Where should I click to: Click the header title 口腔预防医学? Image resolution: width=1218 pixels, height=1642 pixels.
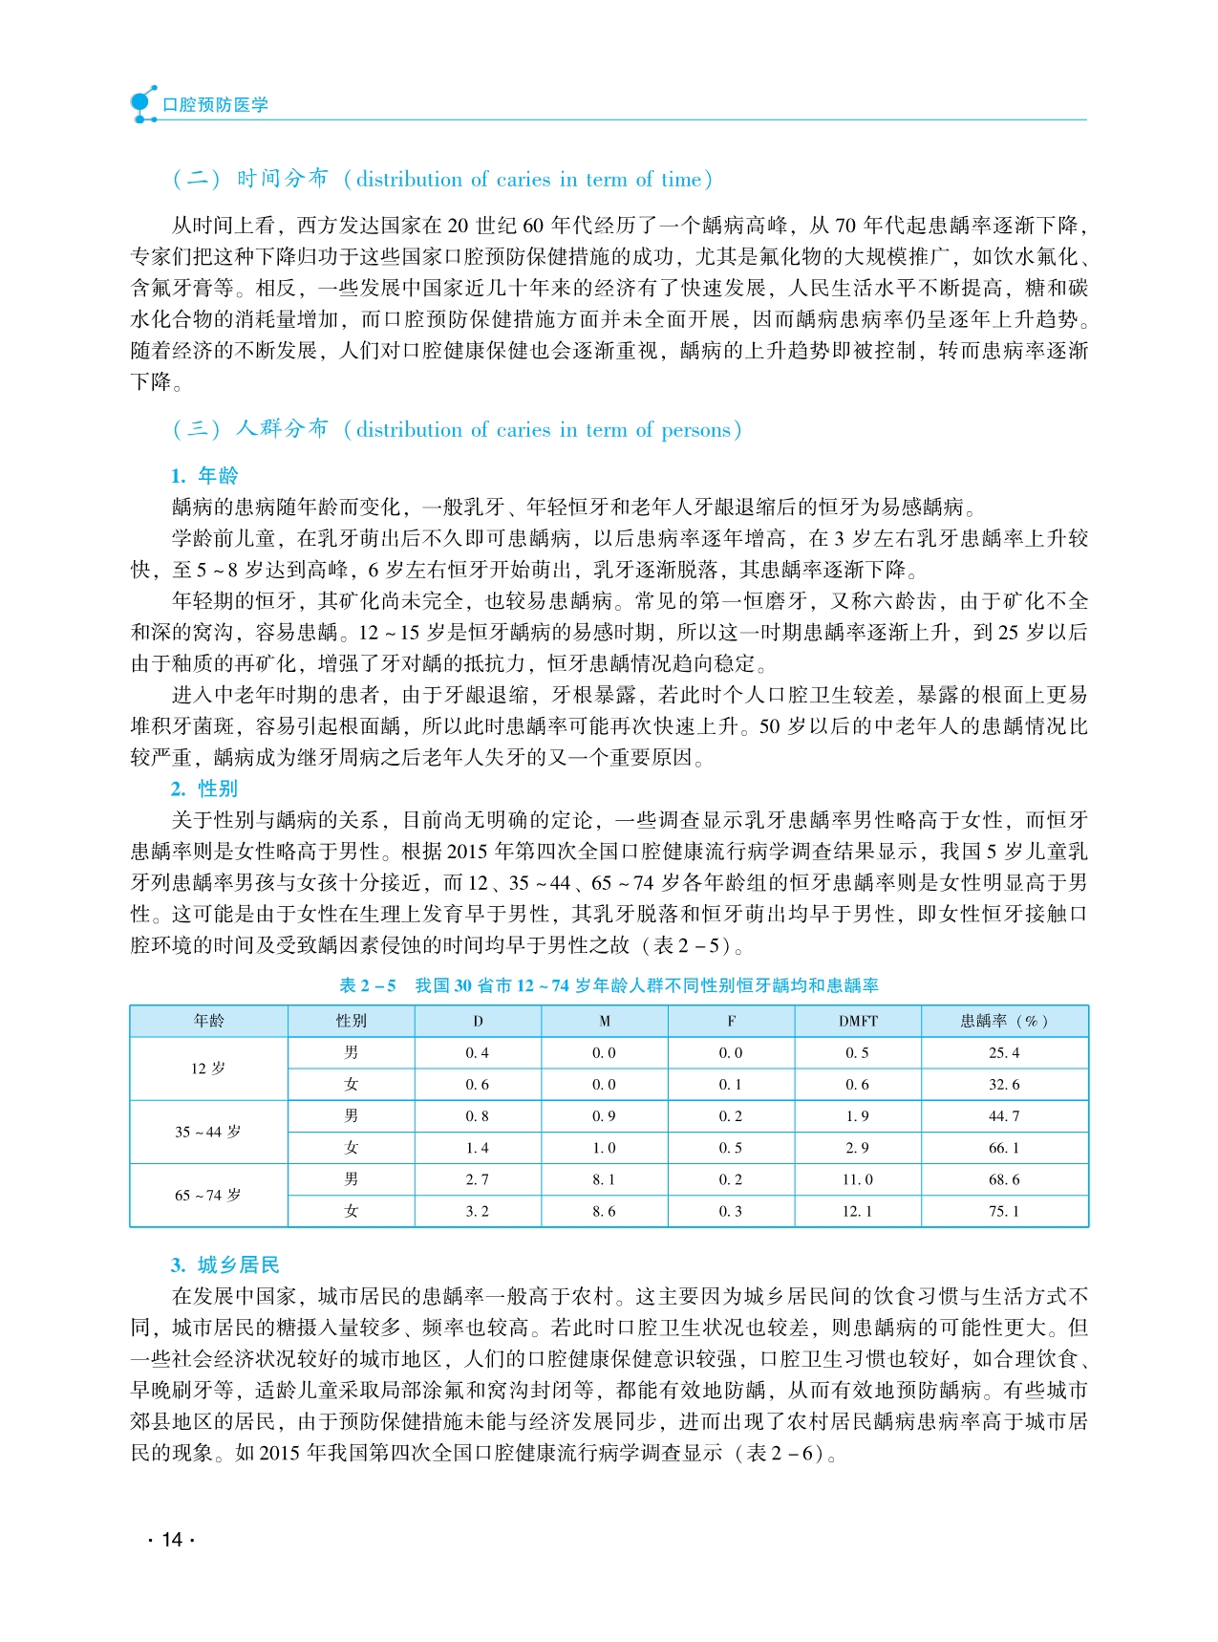[215, 104]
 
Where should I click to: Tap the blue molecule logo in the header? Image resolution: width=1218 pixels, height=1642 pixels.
[142, 104]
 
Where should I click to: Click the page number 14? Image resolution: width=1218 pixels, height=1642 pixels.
[172, 1539]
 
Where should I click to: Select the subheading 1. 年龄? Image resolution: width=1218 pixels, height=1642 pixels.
[204, 476]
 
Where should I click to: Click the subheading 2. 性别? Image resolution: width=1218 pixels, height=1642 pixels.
[204, 789]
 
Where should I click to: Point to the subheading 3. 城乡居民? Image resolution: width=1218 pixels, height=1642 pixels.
[225, 1265]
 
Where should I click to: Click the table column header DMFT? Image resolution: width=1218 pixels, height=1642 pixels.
[858, 1021]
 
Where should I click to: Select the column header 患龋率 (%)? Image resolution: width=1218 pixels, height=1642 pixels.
[1004, 1021]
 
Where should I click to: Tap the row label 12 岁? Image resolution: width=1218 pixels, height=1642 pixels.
[208, 1069]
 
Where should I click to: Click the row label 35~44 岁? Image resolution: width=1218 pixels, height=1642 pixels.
[208, 1132]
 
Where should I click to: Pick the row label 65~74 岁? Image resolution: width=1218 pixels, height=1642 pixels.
[208, 1195]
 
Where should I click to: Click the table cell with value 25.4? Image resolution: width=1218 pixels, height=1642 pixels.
[1004, 1052]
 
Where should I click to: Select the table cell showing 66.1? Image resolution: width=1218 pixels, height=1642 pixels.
[1004, 1148]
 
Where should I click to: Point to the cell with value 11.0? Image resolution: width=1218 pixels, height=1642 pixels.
[858, 1179]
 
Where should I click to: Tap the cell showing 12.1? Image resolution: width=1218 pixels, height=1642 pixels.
[858, 1211]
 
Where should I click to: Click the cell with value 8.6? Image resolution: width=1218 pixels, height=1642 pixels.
[604, 1211]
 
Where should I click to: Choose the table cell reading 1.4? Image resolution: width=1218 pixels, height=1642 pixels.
[478, 1148]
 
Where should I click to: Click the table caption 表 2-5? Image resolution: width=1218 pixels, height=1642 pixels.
[368, 985]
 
